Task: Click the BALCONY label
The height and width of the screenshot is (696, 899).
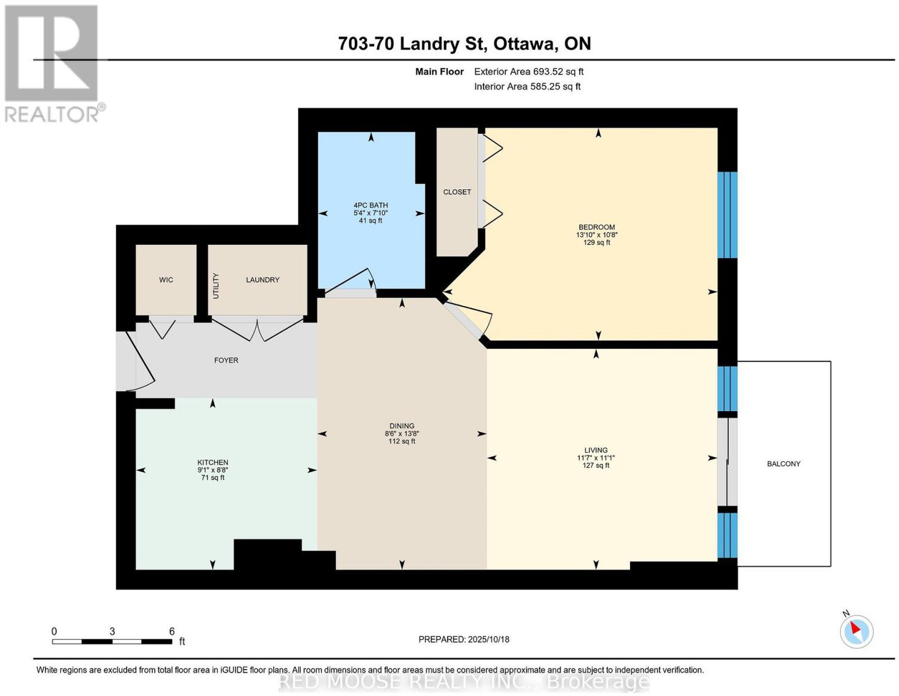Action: pyautogui.click(x=783, y=463)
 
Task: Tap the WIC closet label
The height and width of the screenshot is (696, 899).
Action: pyautogui.click(x=166, y=280)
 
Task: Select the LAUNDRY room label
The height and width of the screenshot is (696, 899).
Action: pyautogui.click(x=262, y=280)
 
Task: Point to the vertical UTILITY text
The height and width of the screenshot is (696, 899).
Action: pyautogui.click(x=216, y=286)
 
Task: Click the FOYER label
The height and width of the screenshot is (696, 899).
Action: pyautogui.click(x=226, y=360)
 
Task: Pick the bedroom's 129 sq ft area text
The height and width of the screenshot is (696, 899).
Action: pyautogui.click(x=596, y=242)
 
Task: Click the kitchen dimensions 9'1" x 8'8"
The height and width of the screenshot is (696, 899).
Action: pyautogui.click(x=212, y=470)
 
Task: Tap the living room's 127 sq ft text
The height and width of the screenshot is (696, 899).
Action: pyautogui.click(x=596, y=465)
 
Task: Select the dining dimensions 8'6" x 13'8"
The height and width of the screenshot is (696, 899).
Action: pyautogui.click(x=402, y=434)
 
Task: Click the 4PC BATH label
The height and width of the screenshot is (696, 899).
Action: pyautogui.click(x=370, y=206)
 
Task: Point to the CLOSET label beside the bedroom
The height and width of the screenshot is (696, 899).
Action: pyautogui.click(x=457, y=192)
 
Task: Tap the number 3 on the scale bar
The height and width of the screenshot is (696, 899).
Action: pyautogui.click(x=112, y=631)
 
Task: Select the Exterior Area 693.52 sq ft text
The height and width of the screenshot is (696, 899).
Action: pyautogui.click(x=528, y=71)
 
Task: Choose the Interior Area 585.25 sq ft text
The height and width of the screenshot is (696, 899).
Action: pyautogui.click(x=527, y=87)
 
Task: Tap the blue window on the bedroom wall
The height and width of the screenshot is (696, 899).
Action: pyautogui.click(x=727, y=215)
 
